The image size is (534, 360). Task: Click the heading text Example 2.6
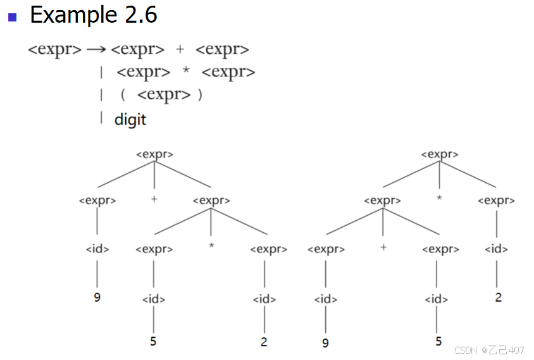(93, 15)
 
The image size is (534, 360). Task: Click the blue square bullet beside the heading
(11, 16)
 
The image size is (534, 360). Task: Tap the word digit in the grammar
(130, 119)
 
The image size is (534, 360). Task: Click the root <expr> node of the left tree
(154, 154)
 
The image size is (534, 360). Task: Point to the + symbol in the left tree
(154, 199)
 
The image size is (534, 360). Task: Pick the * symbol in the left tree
(211, 244)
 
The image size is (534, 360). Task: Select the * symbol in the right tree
(439, 199)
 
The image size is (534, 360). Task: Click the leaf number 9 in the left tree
(97, 296)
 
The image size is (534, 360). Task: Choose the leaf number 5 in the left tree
(153, 341)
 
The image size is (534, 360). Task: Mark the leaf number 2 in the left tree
(264, 342)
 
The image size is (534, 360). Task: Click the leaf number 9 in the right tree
(325, 343)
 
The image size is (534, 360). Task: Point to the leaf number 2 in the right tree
(498, 297)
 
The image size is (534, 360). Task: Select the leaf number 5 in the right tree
(438, 342)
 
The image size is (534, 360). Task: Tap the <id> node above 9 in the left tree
(97, 249)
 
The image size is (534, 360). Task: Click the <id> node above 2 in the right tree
(497, 249)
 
